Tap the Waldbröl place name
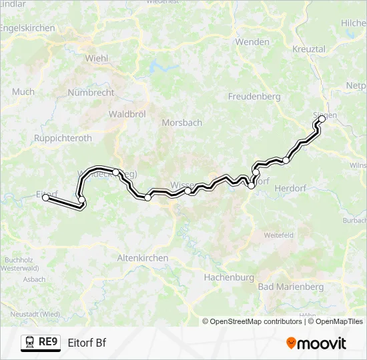coord(127,114)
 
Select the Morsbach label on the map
coord(182,123)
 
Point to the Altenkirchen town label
coord(143,257)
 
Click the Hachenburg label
coord(229,277)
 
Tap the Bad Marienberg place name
coord(290,287)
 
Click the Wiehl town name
coord(97,58)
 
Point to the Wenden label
coord(252,42)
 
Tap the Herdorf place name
coord(290,189)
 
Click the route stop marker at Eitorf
coord(45,197)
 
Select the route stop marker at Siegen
coord(322,119)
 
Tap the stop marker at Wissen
coord(188,191)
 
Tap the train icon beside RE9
coord(30,343)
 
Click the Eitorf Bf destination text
coord(87,343)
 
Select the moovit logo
coord(316,343)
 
